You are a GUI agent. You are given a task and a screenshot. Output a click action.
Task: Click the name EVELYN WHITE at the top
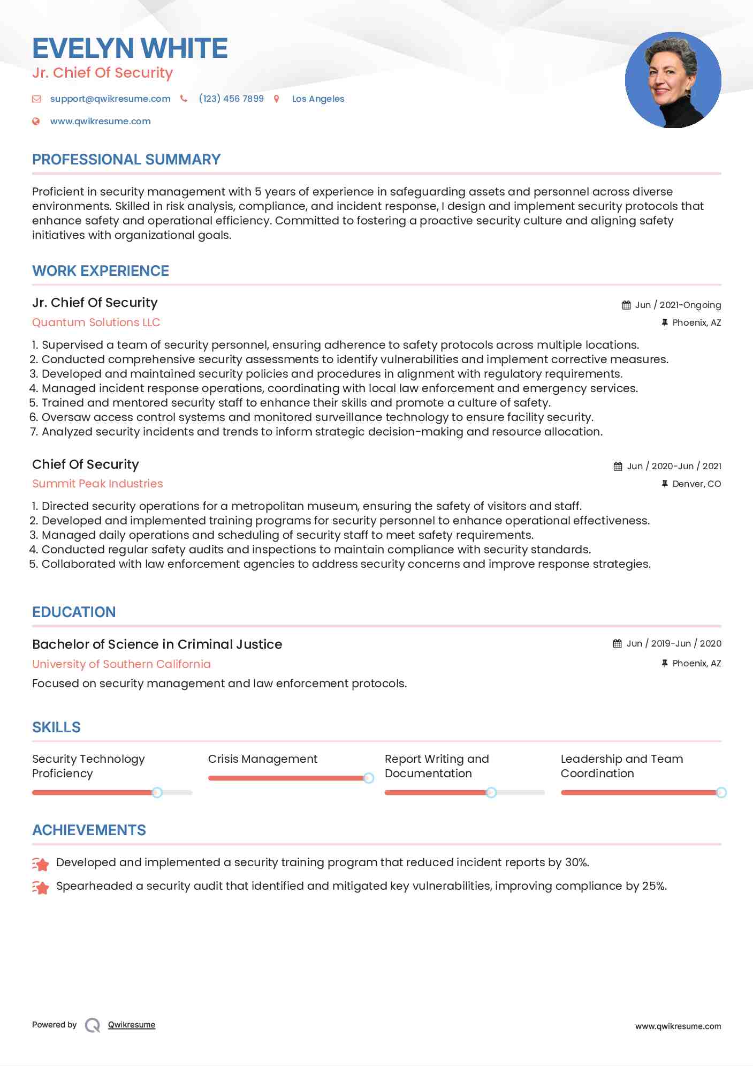pyautogui.click(x=130, y=48)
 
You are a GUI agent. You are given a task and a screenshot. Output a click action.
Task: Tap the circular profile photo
pyautogui.click(x=673, y=80)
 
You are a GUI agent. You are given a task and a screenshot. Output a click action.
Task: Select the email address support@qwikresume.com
pyautogui.click(x=110, y=99)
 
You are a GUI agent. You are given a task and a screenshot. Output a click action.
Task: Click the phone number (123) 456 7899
pyautogui.click(x=231, y=99)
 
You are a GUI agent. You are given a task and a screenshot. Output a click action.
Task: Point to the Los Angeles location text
pyautogui.click(x=318, y=99)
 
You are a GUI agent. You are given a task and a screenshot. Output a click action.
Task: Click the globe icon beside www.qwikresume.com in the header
pyautogui.click(x=36, y=121)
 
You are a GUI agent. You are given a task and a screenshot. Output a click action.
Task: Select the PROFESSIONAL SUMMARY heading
pyautogui.click(x=126, y=160)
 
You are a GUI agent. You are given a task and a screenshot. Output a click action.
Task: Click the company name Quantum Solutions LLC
pyautogui.click(x=96, y=322)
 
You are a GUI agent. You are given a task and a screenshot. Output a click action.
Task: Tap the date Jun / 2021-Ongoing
pyautogui.click(x=678, y=305)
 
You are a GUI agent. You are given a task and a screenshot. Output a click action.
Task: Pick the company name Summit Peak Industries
pyautogui.click(x=97, y=484)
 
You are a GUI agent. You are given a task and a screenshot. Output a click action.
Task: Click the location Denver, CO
pyautogui.click(x=696, y=484)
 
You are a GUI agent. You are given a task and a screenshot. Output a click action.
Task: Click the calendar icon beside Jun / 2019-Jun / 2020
pyautogui.click(x=617, y=643)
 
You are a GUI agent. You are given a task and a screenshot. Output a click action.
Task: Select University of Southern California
pyautogui.click(x=121, y=664)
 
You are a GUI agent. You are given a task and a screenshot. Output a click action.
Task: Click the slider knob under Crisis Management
pyautogui.click(x=368, y=778)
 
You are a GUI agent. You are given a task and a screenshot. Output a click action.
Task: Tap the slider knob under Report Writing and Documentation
pyautogui.click(x=491, y=792)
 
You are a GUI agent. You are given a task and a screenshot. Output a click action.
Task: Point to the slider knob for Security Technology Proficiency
pyautogui.click(x=157, y=792)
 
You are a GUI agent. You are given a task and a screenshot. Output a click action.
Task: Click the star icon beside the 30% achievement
pyautogui.click(x=41, y=863)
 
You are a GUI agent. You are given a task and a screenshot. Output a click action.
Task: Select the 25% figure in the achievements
pyautogui.click(x=653, y=886)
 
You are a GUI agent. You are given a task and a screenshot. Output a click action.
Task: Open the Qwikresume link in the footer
pyautogui.click(x=132, y=1025)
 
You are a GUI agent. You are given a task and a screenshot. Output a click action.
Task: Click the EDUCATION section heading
pyautogui.click(x=74, y=612)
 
